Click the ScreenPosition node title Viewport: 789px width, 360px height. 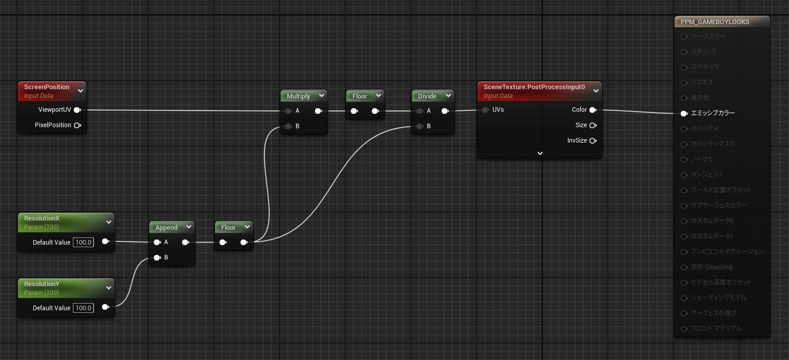click(x=47, y=87)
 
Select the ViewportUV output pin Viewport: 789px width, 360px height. click(x=77, y=110)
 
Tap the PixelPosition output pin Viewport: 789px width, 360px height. click(x=77, y=125)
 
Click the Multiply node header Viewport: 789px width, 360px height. click(x=299, y=96)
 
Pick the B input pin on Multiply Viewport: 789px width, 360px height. click(x=288, y=126)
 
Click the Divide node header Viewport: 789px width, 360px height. click(x=427, y=96)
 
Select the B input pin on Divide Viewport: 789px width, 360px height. click(x=420, y=126)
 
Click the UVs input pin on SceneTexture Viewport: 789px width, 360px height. click(x=485, y=110)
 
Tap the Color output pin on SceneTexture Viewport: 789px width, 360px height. click(x=593, y=110)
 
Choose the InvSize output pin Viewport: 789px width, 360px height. click(x=593, y=141)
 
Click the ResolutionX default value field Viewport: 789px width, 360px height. click(x=83, y=242)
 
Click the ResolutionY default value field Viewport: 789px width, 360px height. click(x=83, y=308)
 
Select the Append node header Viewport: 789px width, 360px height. click(x=166, y=227)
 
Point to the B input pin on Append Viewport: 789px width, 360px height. click(x=157, y=257)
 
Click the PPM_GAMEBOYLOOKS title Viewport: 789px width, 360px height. click(x=715, y=22)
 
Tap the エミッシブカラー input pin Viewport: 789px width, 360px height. click(x=684, y=113)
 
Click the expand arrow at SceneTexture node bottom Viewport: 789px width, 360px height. click(x=540, y=153)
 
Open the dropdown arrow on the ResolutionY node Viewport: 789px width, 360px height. click(x=108, y=288)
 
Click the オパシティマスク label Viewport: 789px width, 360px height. click(x=713, y=144)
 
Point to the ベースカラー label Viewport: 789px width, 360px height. click(x=708, y=36)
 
